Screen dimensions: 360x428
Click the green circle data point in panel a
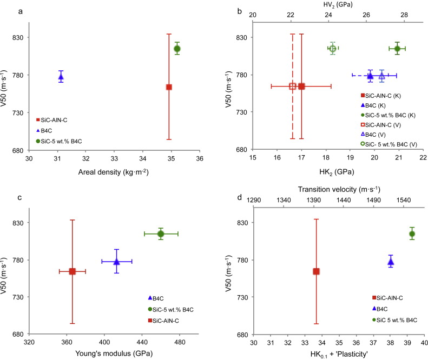177,49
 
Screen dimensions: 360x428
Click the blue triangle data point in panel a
61,77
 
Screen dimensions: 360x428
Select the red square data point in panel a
169,87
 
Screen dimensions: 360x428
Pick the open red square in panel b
293,86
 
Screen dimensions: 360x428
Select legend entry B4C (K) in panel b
371,103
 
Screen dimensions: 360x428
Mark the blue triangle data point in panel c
116,262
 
